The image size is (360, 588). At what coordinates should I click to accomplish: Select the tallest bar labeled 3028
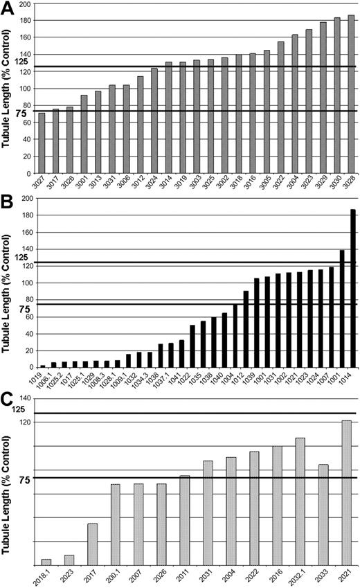pos(351,93)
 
